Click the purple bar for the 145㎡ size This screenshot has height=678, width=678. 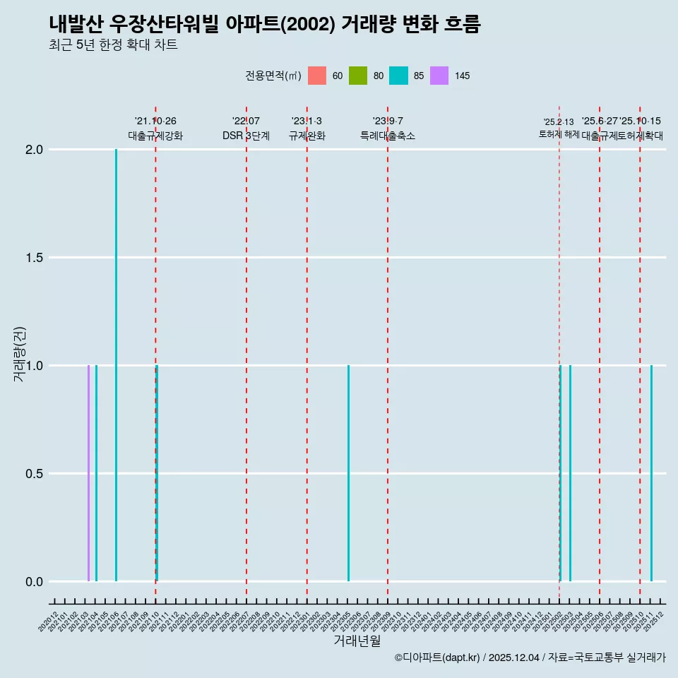(x=88, y=473)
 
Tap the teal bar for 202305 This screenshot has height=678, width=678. (x=348, y=473)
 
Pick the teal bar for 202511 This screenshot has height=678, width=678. (x=651, y=473)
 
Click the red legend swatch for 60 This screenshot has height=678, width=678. (x=317, y=76)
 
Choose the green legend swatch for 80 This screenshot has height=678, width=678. (x=358, y=76)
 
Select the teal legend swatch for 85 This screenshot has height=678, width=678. (x=398, y=76)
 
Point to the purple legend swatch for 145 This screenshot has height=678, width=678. (x=439, y=76)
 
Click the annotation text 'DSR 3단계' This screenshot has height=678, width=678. (x=246, y=136)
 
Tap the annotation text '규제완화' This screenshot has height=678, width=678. (x=307, y=136)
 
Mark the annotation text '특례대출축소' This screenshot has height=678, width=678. (x=388, y=136)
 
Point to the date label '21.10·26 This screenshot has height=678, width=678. (x=155, y=121)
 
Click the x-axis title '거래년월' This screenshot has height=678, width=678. (x=357, y=641)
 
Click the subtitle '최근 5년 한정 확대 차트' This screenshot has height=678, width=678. (x=113, y=45)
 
